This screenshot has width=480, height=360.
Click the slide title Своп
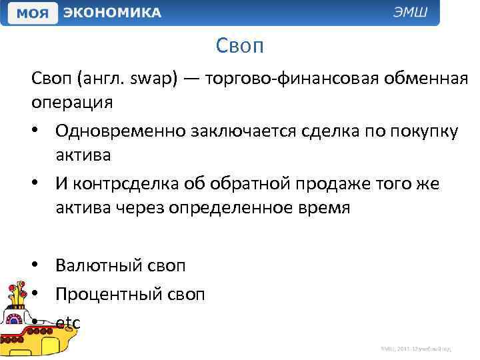click(x=240, y=46)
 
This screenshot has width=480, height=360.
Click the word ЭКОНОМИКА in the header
click(x=111, y=13)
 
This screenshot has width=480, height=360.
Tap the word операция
click(x=71, y=103)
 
